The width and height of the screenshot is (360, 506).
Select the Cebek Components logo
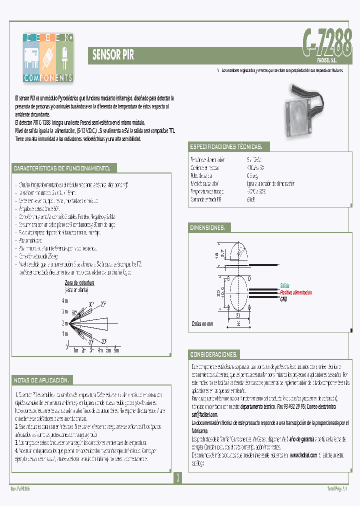coord(48,57)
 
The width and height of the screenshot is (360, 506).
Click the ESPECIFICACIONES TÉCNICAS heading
coord(225,147)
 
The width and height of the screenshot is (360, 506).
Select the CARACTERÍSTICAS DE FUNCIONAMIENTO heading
coord(65,168)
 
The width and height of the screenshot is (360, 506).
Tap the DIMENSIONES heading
coord(207,228)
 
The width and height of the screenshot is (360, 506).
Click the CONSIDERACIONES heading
coord(213,354)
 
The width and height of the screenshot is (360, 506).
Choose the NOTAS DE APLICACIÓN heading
coord(43,379)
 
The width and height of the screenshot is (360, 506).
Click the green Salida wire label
coord(284,285)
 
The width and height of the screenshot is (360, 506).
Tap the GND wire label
coord(283,298)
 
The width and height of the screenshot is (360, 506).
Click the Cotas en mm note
coord(202,324)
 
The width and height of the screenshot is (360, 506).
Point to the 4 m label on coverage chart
coord(64,301)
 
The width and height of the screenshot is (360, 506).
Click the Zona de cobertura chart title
coord(79,283)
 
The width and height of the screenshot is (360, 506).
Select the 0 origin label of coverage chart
coord(66,346)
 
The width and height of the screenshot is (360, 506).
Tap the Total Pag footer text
coord(336,488)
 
